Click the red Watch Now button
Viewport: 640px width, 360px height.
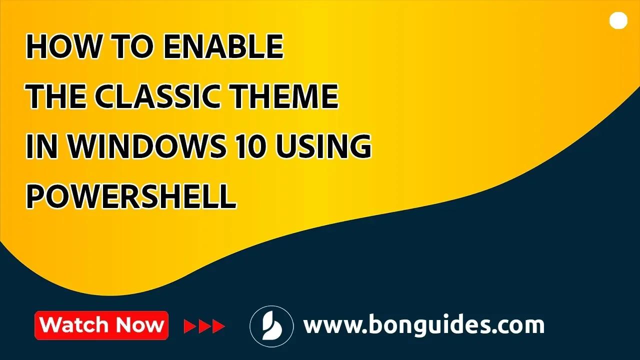[101, 325]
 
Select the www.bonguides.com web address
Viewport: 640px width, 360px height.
[424, 325]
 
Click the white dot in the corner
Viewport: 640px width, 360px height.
[618, 20]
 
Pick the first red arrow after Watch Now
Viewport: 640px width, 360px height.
[190, 326]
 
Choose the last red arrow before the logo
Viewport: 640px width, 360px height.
[219, 326]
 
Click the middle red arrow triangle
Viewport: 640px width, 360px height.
[204, 326]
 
